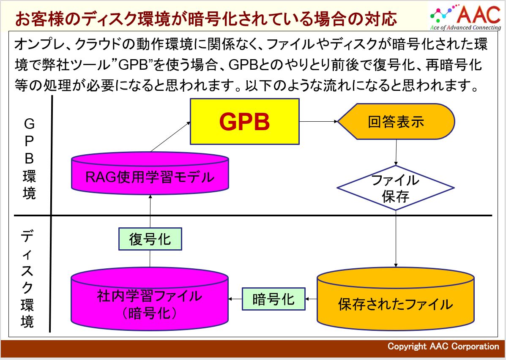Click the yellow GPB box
[x=245, y=122]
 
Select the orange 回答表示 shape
[x=396, y=122]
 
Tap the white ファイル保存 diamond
[x=396, y=188]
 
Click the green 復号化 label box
[x=150, y=240]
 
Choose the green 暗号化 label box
[x=274, y=299]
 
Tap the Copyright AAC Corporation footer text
[x=443, y=346]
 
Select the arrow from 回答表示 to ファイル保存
[x=396, y=152]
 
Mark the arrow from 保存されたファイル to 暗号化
[x=311, y=299]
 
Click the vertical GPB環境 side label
[x=29, y=158]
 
